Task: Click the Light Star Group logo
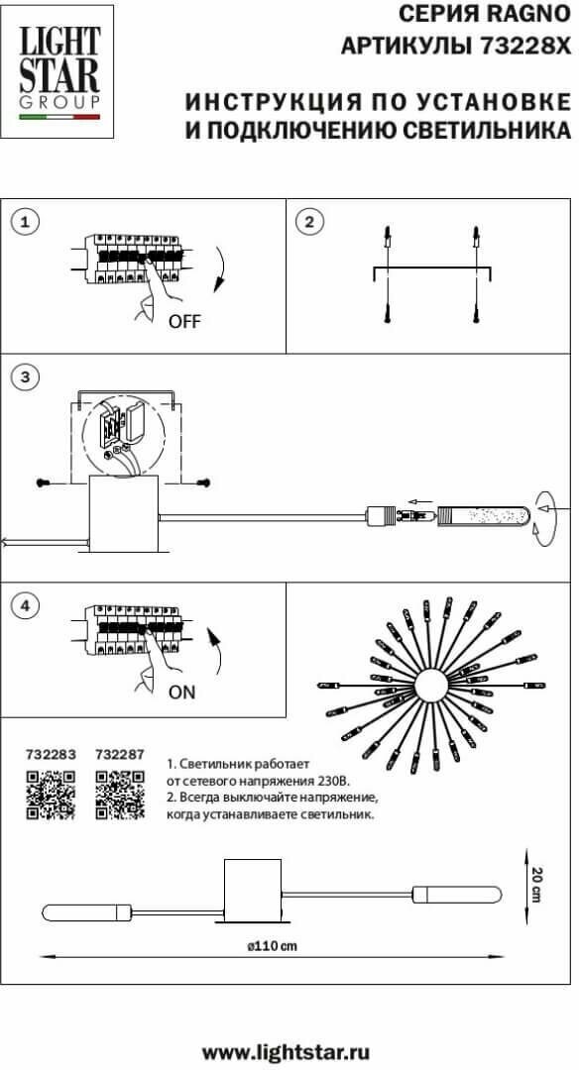[x=58, y=72]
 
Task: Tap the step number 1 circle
[x=26, y=222]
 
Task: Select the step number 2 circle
[x=310, y=222]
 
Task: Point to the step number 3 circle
[x=26, y=377]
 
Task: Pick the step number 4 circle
[x=26, y=605]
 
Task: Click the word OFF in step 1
[x=185, y=321]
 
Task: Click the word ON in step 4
[x=181, y=692]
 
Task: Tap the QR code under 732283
[x=51, y=795]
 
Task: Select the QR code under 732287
[x=120, y=795]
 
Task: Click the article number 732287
[x=120, y=755]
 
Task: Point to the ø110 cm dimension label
[x=273, y=946]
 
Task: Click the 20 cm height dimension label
[x=538, y=885]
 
